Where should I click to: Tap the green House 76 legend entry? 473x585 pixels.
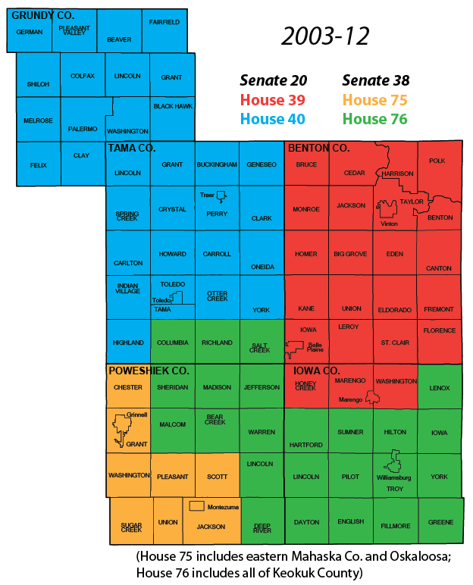(x=374, y=118)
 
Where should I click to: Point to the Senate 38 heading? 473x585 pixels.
(x=375, y=80)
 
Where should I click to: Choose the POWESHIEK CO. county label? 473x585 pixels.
(x=149, y=371)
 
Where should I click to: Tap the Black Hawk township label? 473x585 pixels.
(x=172, y=107)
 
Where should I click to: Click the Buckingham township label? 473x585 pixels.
(x=217, y=164)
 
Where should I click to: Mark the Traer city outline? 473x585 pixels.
(x=221, y=197)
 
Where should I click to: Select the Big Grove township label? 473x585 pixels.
(x=350, y=254)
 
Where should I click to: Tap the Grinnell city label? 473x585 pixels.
(x=137, y=415)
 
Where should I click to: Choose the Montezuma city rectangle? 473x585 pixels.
(x=197, y=505)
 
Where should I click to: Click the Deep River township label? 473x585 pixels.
(x=262, y=527)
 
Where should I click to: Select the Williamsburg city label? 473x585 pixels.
(x=393, y=478)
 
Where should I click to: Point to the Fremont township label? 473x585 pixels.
(x=439, y=309)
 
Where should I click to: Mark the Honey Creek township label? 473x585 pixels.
(x=305, y=386)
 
